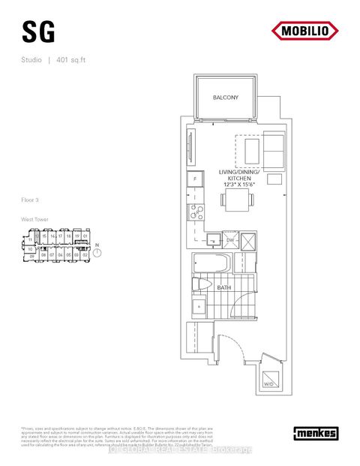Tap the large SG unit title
(x=34, y=32)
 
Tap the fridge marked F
(x=194, y=180)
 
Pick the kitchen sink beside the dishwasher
(x=212, y=239)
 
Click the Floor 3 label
(x=32, y=200)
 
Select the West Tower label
(x=35, y=219)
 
